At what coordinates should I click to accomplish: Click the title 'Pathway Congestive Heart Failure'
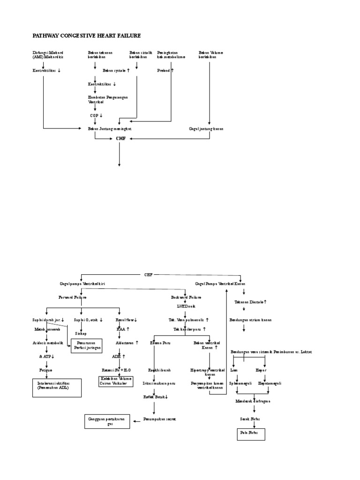point(86,36)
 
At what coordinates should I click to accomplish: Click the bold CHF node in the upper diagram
point(121,139)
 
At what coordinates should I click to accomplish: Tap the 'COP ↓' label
point(96,115)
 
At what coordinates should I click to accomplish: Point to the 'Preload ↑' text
point(165,71)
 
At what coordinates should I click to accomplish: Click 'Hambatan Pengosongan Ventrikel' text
point(108,99)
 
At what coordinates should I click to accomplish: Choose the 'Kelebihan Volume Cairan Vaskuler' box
point(115,381)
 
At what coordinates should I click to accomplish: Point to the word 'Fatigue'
point(45,370)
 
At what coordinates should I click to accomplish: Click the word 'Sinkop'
point(81,334)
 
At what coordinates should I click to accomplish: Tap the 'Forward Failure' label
point(72,297)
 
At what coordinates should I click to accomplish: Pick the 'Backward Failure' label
point(186,297)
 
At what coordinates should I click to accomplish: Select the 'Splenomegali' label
point(240,383)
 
